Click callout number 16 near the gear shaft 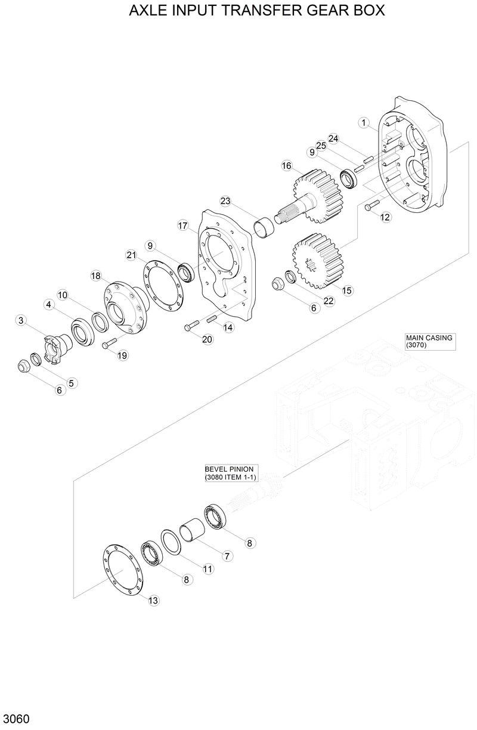287,165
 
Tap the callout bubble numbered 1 363,122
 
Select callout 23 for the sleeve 225,201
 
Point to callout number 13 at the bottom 153,600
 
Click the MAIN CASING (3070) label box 429,341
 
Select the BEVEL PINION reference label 230,473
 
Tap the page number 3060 16,718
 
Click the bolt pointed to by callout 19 108,344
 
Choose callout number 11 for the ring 207,569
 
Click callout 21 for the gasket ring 132,255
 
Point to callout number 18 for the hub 96,276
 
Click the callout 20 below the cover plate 207,339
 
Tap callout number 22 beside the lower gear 329,301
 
